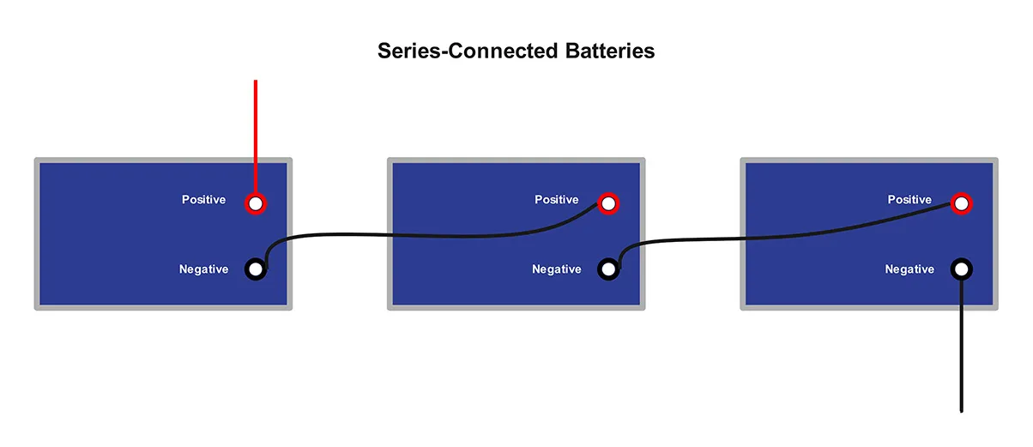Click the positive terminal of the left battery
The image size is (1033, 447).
(256, 203)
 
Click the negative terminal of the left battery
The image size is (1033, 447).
(256, 269)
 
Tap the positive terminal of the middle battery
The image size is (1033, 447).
(608, 203)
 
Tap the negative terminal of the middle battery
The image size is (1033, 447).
(608, 269)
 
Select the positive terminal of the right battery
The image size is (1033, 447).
(962, 203)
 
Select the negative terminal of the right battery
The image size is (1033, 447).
(962, 269)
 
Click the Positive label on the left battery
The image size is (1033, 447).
(203, 200)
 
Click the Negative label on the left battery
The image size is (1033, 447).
(203, 269)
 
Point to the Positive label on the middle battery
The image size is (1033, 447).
(557, 200)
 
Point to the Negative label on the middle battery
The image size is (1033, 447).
(556, 269)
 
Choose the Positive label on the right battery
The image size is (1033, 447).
(909, 200)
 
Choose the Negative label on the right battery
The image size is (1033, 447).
(909, 269)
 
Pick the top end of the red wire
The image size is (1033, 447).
(256, 82)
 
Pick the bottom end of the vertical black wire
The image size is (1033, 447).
(962, 410)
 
